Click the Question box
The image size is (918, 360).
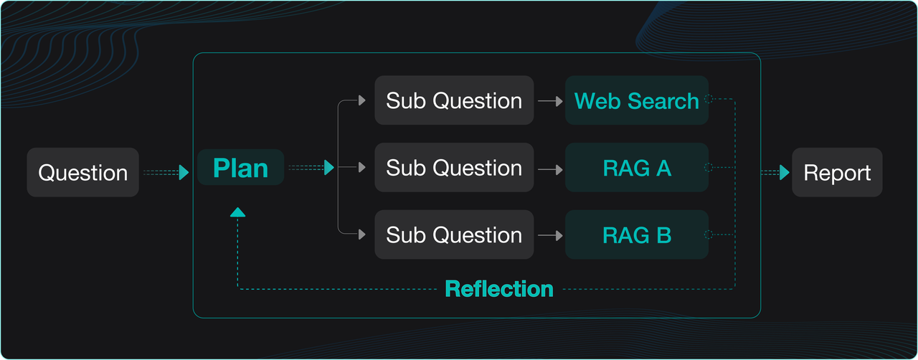tap(82, 173)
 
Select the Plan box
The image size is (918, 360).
tap(241, 168)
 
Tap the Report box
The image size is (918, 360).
tap(837, 173)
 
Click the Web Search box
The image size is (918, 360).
tap(637, 100)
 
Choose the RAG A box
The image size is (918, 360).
tap(637, 168)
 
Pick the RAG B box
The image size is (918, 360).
tap(637, 235)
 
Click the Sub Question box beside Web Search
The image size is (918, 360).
tap(454, 100)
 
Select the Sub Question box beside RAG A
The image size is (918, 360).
tap(454, 168)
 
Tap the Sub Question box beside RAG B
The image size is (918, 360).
tap(454, 235)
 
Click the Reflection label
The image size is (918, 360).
tap(499, 289)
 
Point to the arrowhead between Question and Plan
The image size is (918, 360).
tap(184, 173)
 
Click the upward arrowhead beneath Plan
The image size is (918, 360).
tap(238, 212)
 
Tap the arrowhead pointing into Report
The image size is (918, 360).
tap(785, 173)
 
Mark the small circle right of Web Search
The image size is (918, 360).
tap(709, 100)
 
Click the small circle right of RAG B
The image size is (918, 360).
tap(709, 235)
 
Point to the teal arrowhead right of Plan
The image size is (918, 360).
tap(329, 168)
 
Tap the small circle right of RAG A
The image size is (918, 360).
tap(709, 168)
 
